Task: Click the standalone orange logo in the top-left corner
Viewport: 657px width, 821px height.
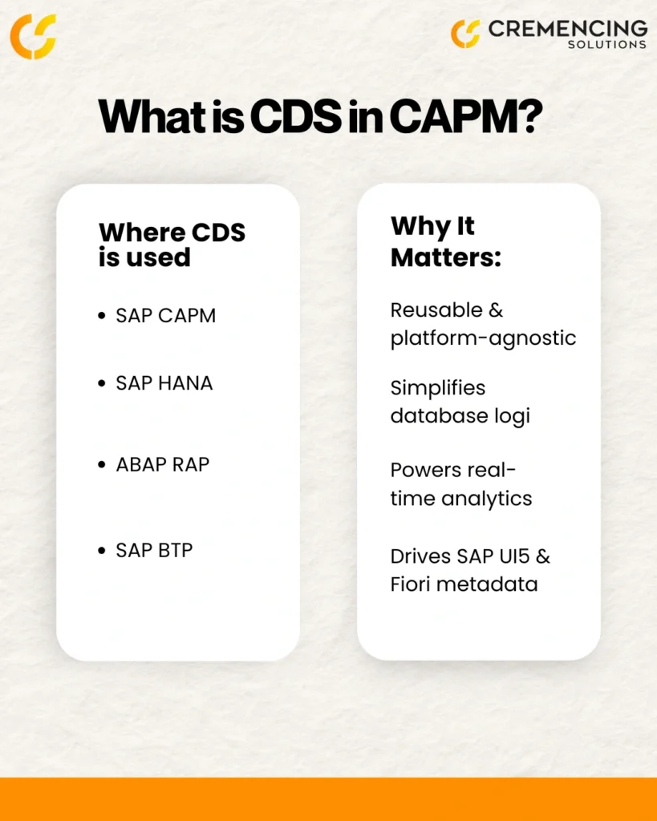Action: (33, 36)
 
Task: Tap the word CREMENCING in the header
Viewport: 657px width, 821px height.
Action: (568, 29)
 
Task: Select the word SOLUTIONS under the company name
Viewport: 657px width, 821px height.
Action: (607, 45)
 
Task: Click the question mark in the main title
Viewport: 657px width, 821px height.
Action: (531, 116)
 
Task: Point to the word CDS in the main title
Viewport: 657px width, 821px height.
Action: (296, 116)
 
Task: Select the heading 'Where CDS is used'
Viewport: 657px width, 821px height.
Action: (172, 245)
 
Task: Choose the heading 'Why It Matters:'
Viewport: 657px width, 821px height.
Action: (446, 242)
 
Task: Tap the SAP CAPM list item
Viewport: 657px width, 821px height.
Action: (165, 316)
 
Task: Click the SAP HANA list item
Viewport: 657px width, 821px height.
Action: (164, 383)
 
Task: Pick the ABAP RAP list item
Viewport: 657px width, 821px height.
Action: (162, 464)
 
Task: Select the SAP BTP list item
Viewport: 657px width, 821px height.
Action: (154, 550)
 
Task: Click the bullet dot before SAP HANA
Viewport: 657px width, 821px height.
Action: (102, 383)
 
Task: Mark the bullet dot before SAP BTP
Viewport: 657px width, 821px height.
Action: (102, 550)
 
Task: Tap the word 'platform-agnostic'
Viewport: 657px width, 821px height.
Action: (483, 339)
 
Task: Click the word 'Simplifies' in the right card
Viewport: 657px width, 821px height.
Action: (438, 389)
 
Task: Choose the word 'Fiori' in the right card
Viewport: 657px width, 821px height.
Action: (410, 584)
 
